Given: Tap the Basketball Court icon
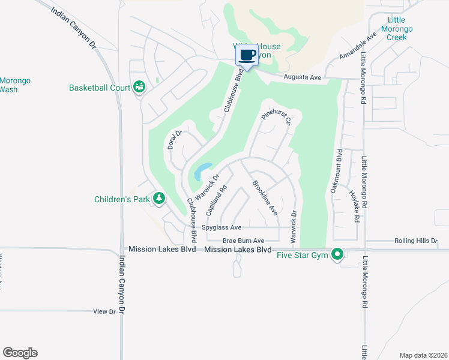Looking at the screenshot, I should [x=139, y=88].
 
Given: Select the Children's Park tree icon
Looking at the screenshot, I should [x=159, y=198].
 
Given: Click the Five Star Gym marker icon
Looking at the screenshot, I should [x=337, y=255].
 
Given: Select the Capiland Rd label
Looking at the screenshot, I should [x=215, y=196].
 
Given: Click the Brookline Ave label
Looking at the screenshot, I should [x=265, y=197].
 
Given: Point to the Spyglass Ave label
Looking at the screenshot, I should [x=221, y=227].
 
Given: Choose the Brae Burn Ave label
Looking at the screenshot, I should [x=244, y=240].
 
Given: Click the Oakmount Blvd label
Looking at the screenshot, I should [x=336, y=170].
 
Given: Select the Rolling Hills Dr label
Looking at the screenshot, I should [x=417, y=241].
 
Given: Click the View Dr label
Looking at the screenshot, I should [x=104, y=311].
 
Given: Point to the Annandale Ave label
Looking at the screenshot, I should [x=358, y=46].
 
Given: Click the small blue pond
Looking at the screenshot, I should [x=202, y=172].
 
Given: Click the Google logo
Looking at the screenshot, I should [x=20, y=353].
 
